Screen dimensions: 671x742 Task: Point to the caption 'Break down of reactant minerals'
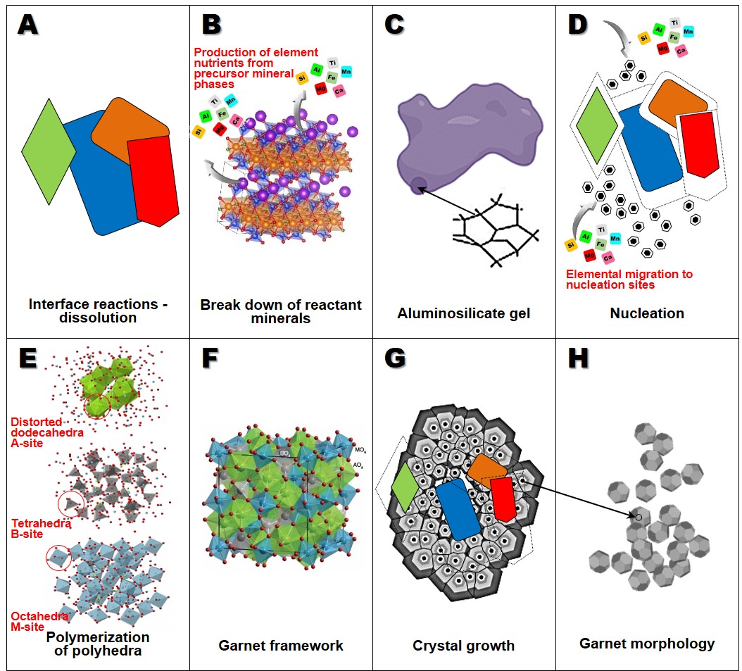pos(281,311)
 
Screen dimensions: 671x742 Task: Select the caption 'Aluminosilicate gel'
pos(464,313)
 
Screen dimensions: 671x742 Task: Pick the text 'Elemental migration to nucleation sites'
pos(629,280)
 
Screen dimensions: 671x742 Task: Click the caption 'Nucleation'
pos(647,313)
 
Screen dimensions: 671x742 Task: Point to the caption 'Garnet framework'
pos(281,645)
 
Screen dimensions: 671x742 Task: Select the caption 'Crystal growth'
pos(464,645)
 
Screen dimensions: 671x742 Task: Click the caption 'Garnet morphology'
pos(647,644)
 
